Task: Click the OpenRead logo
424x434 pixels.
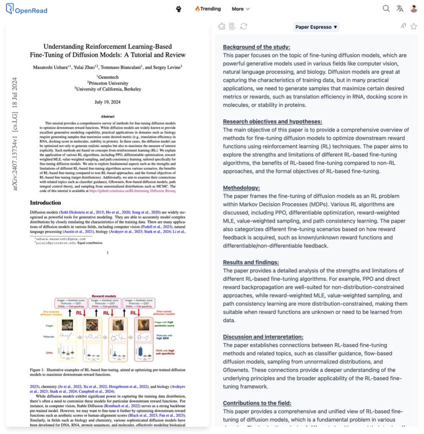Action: coord(26,9)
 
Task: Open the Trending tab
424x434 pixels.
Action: coord(208,9)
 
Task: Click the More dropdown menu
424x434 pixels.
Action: coord(240,9)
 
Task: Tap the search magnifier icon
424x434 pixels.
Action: coord(386,9)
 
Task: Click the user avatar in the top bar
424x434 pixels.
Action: coord(413,9)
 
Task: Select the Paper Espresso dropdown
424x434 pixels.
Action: coord(316,27)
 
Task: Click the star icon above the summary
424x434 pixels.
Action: coord(413,26)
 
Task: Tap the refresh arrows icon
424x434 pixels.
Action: coord(243,26)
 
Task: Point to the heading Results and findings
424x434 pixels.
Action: coord(251,262)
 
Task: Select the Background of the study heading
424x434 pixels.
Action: coord(257,47)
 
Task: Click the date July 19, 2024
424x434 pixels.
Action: coord(108,102)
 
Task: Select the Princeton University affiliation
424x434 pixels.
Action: coord(108,83)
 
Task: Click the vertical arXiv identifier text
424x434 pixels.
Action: coord(15,134)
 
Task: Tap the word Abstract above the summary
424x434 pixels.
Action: coord(108,116)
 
